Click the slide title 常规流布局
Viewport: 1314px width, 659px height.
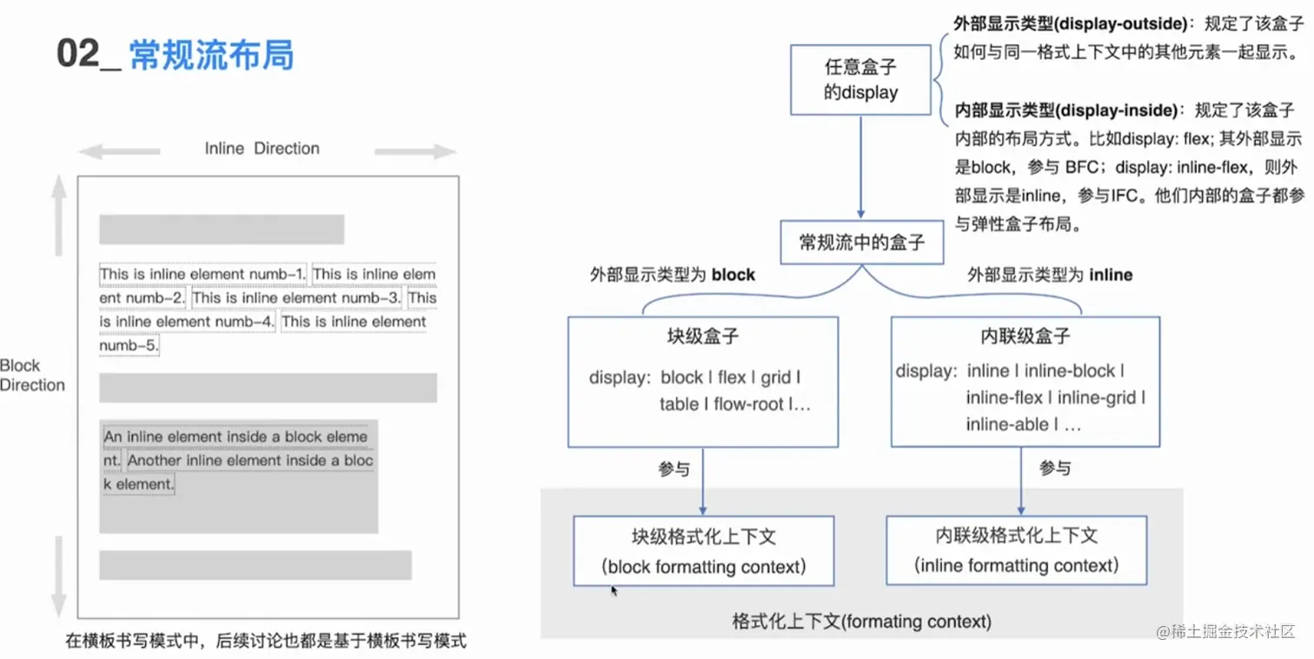pyautogui.click(x=211, y=55)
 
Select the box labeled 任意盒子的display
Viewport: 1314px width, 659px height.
pyautogui.click(x=860, y=80)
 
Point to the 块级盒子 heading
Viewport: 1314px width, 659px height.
pyautogui.click(x=703, y=337)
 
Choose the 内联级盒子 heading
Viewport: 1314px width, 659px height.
pyautogui.click(x=1025, y=337)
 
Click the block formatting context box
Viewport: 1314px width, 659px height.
pyautogui.click(x=703, y=551)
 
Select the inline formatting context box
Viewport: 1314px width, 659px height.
pyautogui.click(x=1016, y=550)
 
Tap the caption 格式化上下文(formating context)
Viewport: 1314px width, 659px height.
pyautogui.click(x=861, y=622)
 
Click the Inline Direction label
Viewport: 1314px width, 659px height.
pyautogui.click(x=262, y=149)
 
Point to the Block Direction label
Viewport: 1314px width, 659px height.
pyautogui.click(x=32, y=375)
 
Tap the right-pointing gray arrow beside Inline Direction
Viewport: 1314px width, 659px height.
pyautogui.click(x=415, y=152)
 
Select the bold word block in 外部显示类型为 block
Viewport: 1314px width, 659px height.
pyautogui.click(x=733, y=275)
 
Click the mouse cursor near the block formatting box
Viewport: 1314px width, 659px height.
pyautogui.click(x=614, y=591)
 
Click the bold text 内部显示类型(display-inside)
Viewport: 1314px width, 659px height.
pyautogui.click(x=1066, y=110)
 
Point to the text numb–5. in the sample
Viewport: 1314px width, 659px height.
pyautogui.click(x=129, y=345)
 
